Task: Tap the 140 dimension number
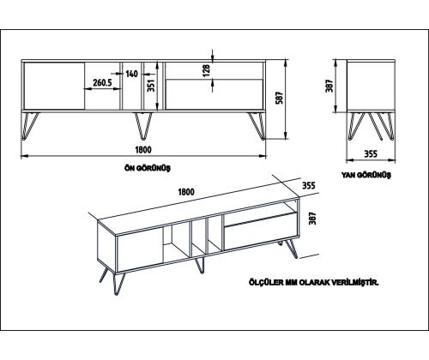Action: (131, 75)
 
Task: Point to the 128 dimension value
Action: (205, 69)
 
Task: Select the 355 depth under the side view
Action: (372, 153)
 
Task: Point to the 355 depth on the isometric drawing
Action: (309, 184)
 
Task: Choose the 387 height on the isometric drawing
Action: (312, 219)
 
